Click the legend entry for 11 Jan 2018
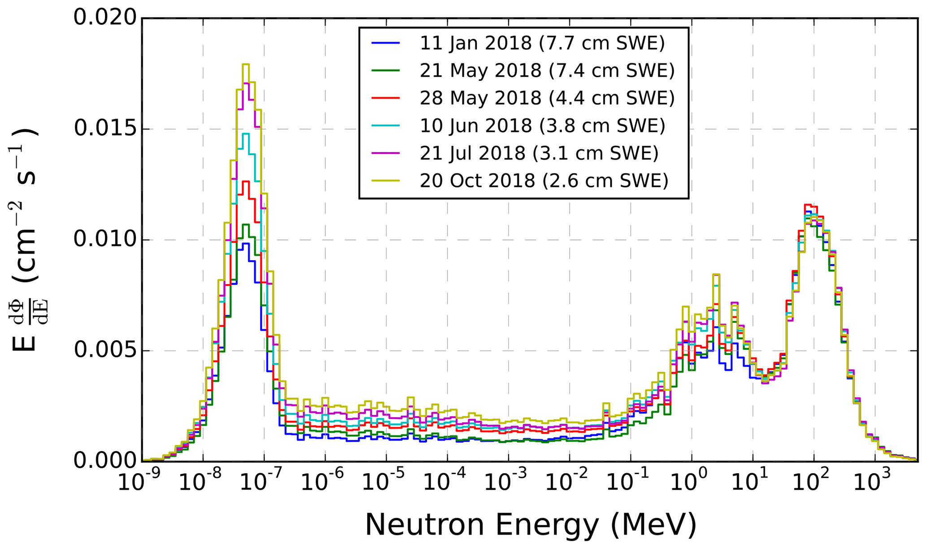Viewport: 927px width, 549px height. (542, 43)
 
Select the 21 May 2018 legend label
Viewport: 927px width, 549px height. (547, 70)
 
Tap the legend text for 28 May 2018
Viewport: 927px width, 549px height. (547, 98)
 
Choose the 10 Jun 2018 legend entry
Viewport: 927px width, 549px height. (542, 126)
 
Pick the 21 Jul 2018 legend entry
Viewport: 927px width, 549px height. (539, 153)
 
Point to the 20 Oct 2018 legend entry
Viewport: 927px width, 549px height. (544, 181)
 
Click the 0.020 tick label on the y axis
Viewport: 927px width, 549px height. (105, 18)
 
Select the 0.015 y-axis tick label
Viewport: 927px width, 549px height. (105, 129)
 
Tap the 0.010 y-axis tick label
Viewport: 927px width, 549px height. (105, 240)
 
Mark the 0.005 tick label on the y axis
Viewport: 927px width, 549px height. (105, 350)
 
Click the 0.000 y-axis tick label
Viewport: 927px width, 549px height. (105, 461)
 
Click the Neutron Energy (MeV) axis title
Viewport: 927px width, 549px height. (531, 524)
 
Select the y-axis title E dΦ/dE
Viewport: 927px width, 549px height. (25, 239)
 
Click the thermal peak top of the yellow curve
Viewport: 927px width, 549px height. (245, 65)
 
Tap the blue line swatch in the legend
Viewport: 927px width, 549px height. (385, 43)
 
